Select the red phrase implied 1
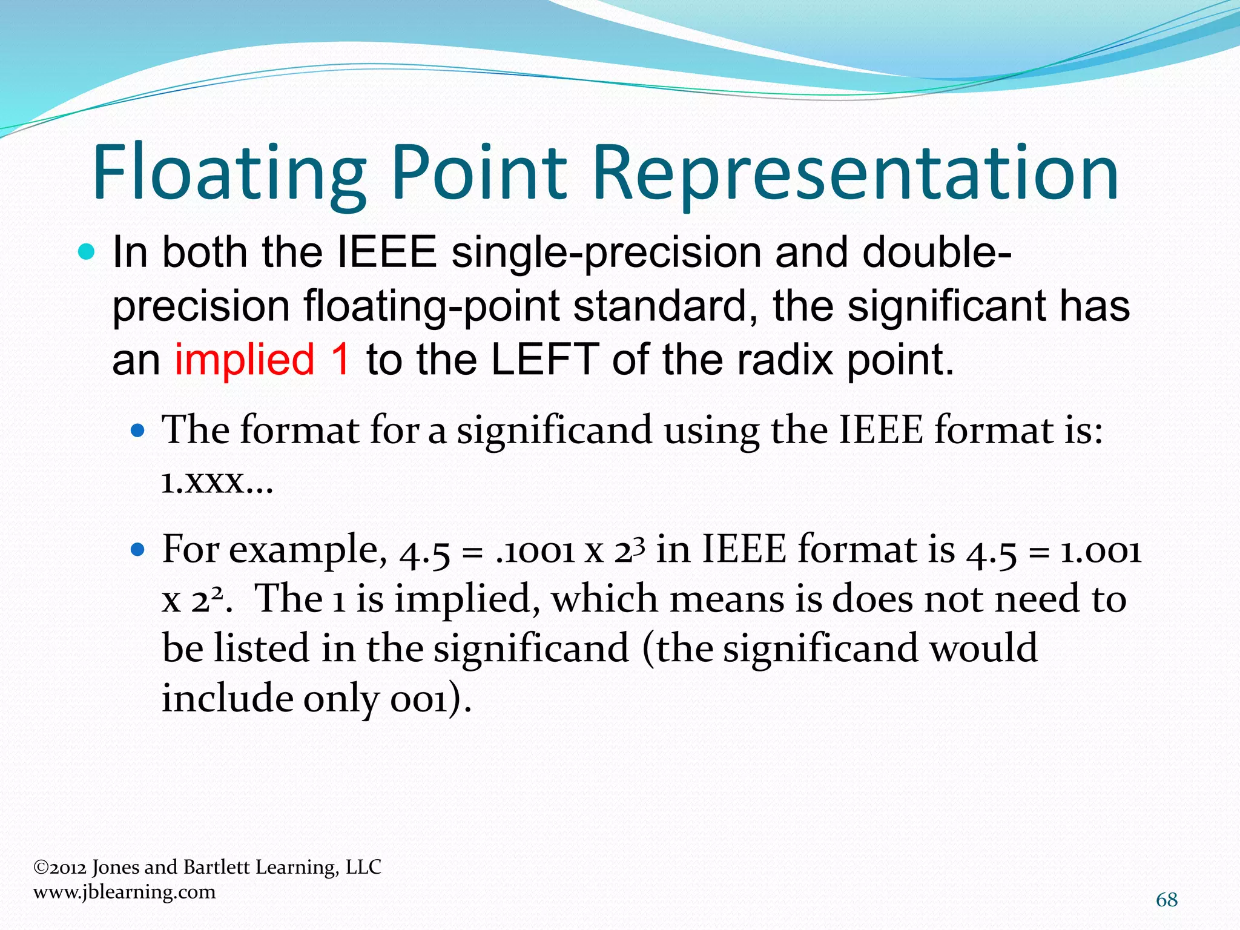pyautogui.click(x=262, y=359)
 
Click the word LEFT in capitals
pyautogui.click(x=544, y=359)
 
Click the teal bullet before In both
pyautogui.click(x=87, y=252)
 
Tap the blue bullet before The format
pyautogui.click(x=139, y=431)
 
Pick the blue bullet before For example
pyautogui.click(x=139, y=550)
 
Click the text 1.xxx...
pyautogui.click(x=217, y=483)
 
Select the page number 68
pyautogui.click(x=1167, y=900)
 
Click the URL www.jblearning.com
pyautogui.click(x=124, y=892)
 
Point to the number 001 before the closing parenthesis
pyautogui.click(x=418, y=700)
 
